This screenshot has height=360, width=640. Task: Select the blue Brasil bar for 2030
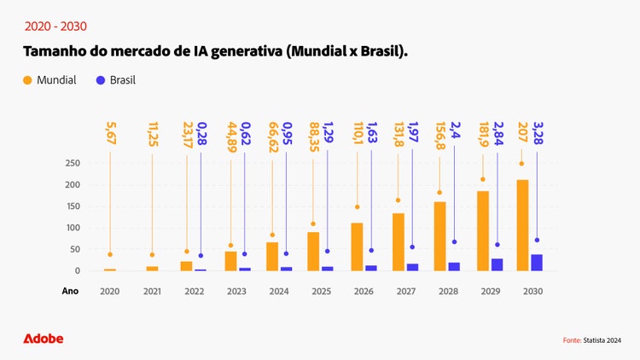point(537,263)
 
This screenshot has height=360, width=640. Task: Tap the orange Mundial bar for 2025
point(313,252)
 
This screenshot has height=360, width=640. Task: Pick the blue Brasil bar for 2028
point(454,266)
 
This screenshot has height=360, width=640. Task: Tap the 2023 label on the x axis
point(237,291)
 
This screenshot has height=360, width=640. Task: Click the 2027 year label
point(406,291)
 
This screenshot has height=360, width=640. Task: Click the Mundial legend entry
point(49,80)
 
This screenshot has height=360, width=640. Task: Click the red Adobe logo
point(44,339)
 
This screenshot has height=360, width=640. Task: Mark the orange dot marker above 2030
point(522,164)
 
